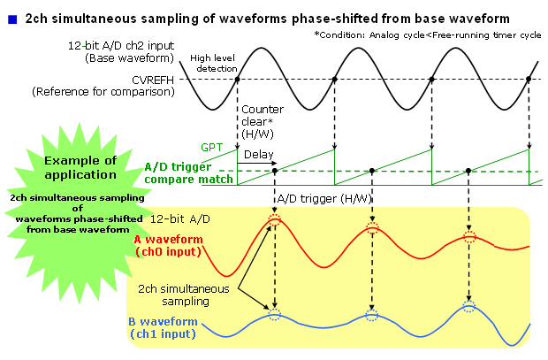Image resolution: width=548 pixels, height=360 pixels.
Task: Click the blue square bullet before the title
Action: click(x=12, y=17)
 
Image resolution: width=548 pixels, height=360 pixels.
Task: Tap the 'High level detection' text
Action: click(x=214, y=62)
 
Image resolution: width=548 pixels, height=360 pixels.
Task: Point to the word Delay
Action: click(x=258, y=154)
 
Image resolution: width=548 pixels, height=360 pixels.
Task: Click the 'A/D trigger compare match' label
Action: click(x=189, y=172)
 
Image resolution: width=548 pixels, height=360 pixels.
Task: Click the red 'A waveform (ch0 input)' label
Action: click(x=168, y=245)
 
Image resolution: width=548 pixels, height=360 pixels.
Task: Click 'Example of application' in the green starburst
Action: click(x=80, y=166)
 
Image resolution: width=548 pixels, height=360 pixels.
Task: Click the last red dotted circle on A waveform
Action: click(x=469, y=237)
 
